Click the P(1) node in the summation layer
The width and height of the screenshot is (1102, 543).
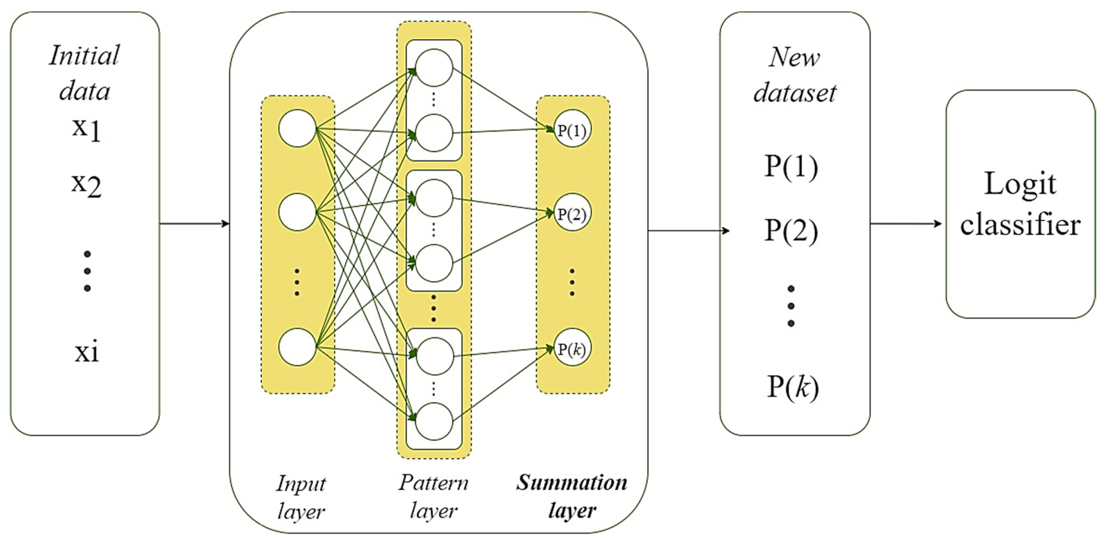click(x=572, y=130)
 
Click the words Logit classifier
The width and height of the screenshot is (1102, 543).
click(x=1020, y=204)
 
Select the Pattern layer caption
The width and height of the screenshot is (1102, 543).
click(x=433, y=496)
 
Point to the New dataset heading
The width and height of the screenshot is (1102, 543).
click(x=794, y=75)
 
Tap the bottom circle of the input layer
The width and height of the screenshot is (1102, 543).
click(x=297, y=347)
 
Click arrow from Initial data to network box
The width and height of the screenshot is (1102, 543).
click(x=195, y=223)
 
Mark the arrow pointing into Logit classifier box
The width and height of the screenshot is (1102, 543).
click(x=906, y=223)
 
